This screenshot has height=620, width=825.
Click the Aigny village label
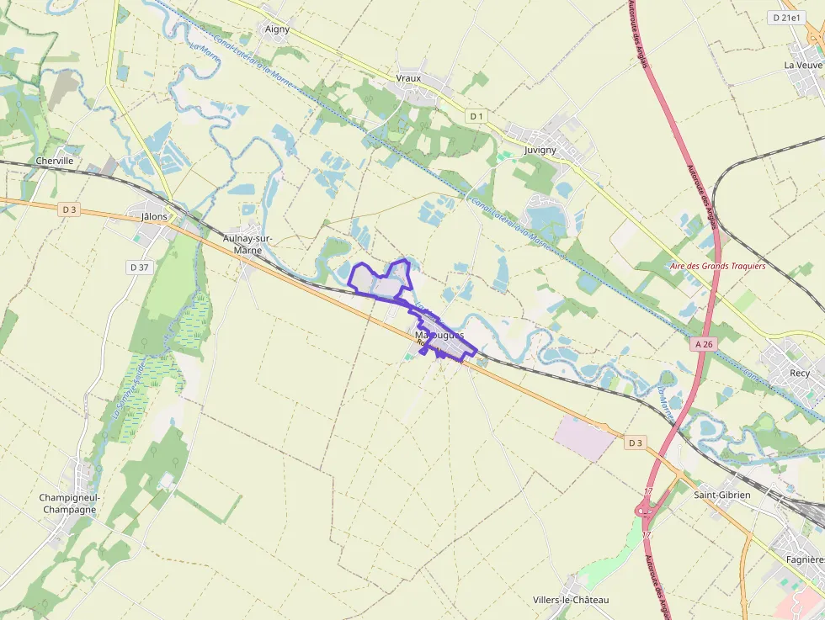click(x=277, y=29)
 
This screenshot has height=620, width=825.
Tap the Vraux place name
click(x=408, y=78)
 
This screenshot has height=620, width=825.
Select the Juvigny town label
click(x=540, y=150)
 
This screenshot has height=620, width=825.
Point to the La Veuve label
click(x=803, y=65)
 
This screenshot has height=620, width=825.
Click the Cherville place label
click(x=55, y=161)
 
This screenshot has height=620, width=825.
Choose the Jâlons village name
click(x=155, y=216)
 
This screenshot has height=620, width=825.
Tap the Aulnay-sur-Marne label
click(x=248, y=244)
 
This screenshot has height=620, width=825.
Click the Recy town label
click(x=800, y=373)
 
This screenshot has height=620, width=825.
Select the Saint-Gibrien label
click(x=721, y=495)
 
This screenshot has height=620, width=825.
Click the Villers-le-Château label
click(x=571, y=600)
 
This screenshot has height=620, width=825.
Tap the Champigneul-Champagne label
click(x=69, y=503)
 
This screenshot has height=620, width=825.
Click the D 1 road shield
click(x=476, y=115)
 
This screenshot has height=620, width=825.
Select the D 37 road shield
click(x=139, y=267)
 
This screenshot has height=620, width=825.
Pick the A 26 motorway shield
click(x=705, y=345)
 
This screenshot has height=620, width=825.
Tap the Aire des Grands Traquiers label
click(x=718, y=266)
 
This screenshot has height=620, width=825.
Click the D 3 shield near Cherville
click(x=69, y=209)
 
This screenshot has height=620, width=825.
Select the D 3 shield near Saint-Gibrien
click(x=636, y=442)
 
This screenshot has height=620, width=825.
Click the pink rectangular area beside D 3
click(x=585, y=437)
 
